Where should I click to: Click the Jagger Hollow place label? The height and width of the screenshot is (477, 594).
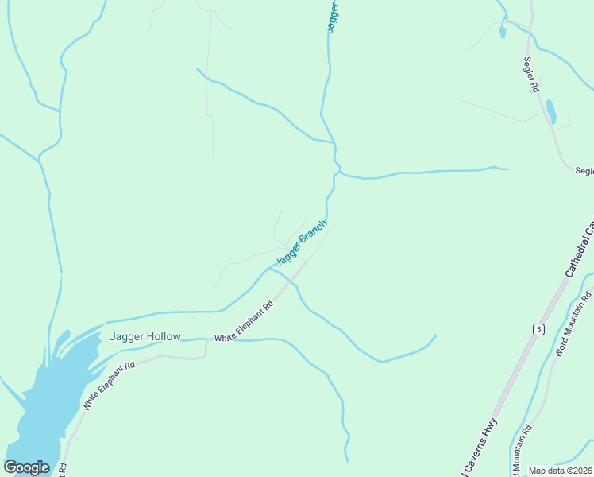(145, 336)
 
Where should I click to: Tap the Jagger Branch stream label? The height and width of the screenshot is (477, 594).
(301, 243)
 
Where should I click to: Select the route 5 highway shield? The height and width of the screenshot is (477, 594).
(538, 329)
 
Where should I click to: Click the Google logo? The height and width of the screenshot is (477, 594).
(26, 467)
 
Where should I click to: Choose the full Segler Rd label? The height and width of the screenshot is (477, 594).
(530, 76)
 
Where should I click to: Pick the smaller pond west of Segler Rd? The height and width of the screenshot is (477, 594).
(502, 32)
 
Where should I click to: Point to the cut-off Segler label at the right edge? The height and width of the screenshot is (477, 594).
(584, 170)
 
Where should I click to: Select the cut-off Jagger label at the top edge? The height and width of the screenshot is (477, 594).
(333, 17)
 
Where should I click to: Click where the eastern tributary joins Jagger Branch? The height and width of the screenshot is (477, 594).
(341, 171)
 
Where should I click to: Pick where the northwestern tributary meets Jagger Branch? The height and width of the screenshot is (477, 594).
(334, 143)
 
